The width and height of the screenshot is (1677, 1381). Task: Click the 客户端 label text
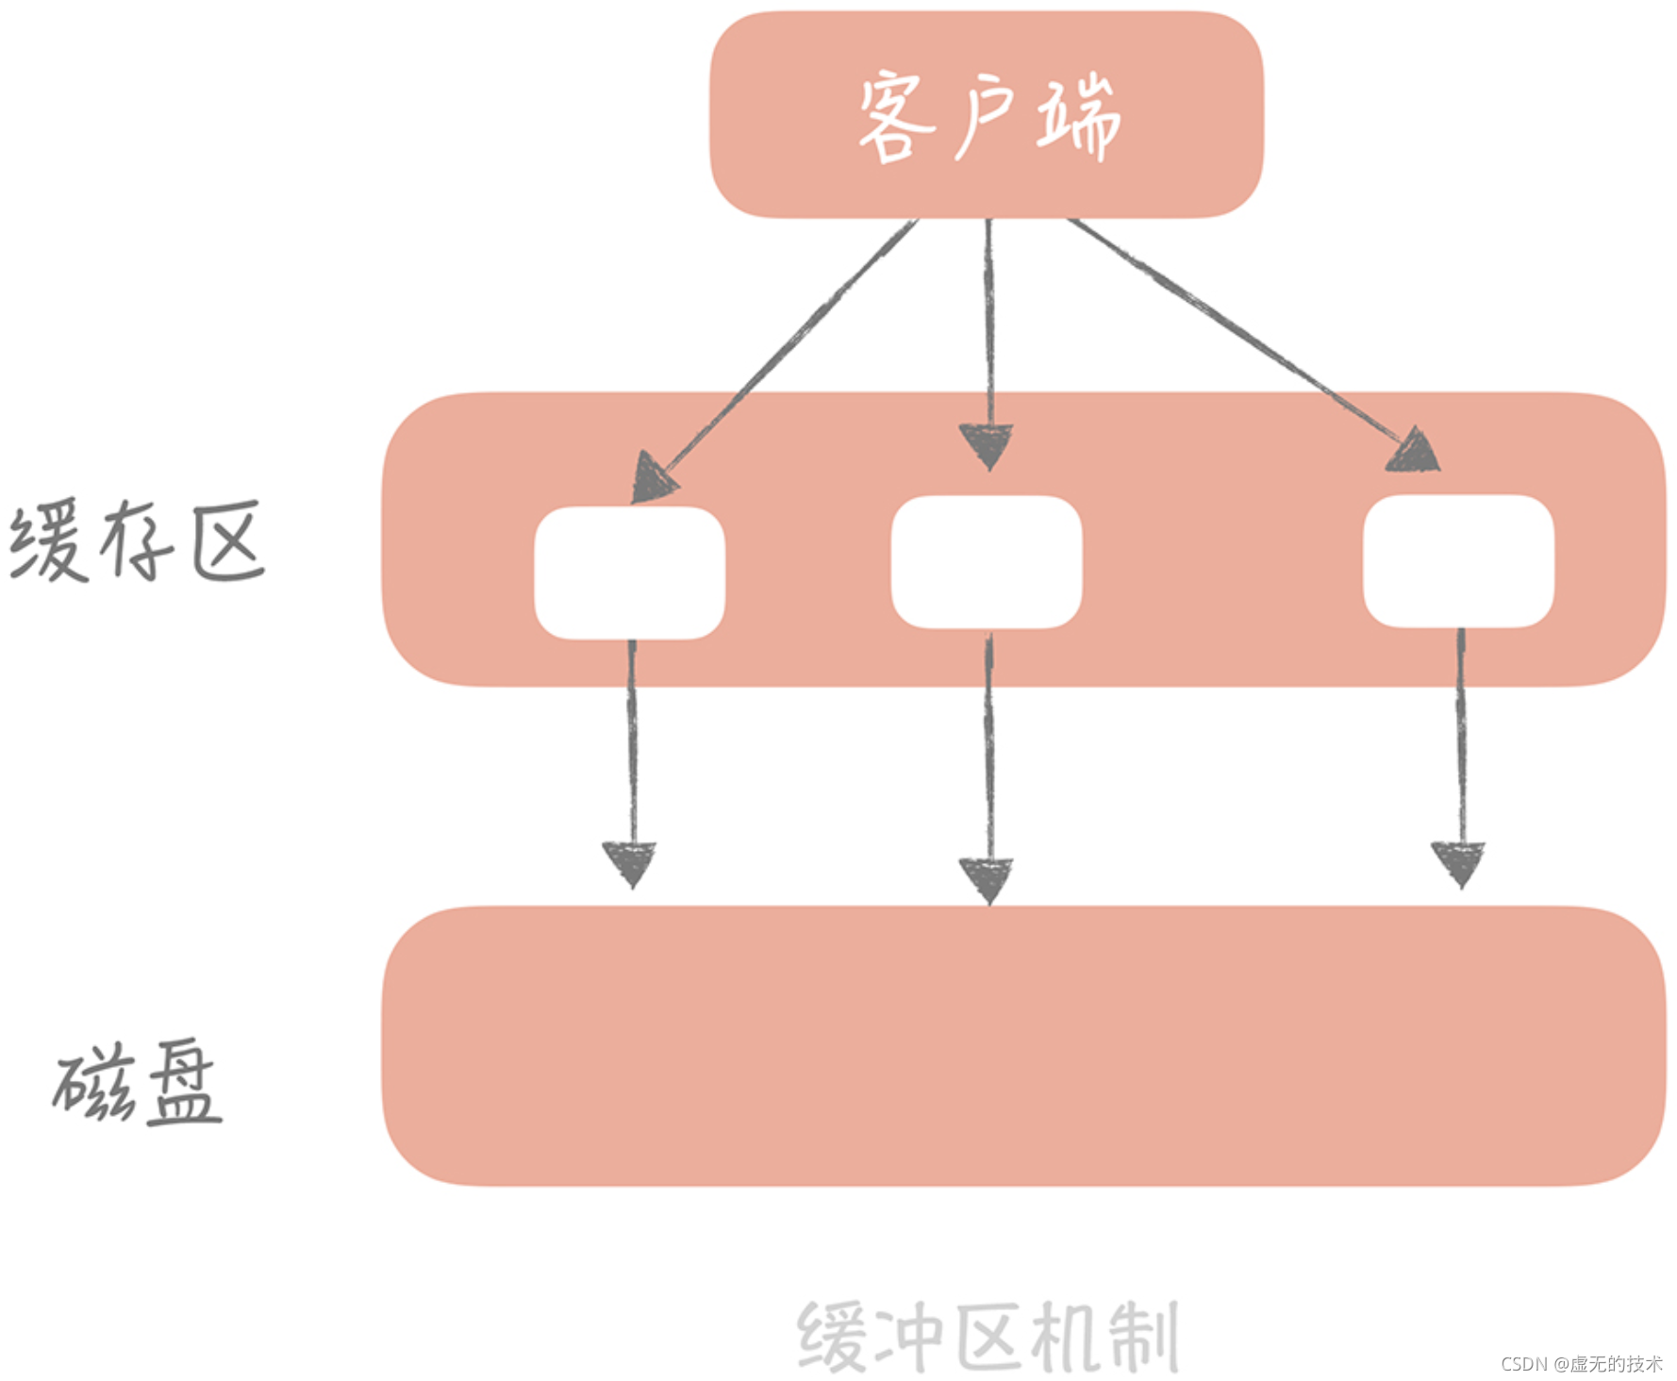click(988, 118)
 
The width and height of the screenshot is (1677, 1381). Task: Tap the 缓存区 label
click(137, 542)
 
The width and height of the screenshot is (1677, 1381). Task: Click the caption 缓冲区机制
click(988, 1337)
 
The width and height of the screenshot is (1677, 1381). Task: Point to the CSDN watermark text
click(1581, 1364)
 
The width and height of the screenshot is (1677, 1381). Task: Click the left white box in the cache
click(629, 573)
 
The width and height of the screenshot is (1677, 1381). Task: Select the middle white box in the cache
click(987, 562)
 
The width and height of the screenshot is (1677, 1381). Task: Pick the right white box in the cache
click(1458, 561)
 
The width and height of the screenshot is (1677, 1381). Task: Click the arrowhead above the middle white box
click(987, 445)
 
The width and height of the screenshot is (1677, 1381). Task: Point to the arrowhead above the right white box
click(1415, 452)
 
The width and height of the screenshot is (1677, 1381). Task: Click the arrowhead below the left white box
click(630, 862)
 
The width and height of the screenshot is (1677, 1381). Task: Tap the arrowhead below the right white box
click(1458, 862)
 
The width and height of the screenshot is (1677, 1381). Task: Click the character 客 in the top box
click(894, 119)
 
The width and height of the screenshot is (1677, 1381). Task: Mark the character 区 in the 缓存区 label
click(227, 542)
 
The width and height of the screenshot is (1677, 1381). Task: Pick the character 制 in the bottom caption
click(1142, 1338)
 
